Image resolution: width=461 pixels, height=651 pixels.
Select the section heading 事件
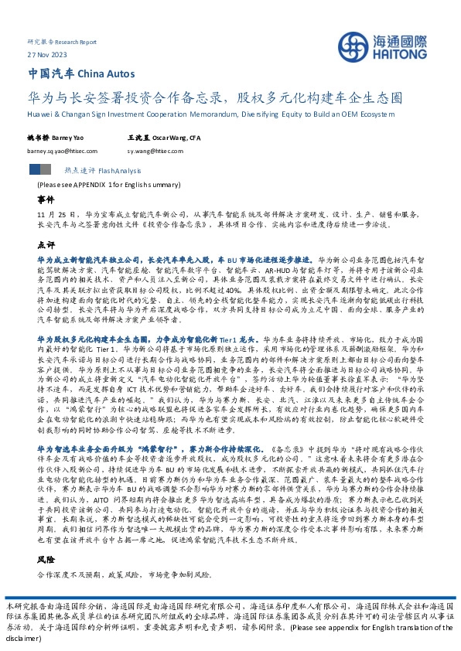tap(46, 199)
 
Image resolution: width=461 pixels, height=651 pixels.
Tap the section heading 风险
tap(46, 557)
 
